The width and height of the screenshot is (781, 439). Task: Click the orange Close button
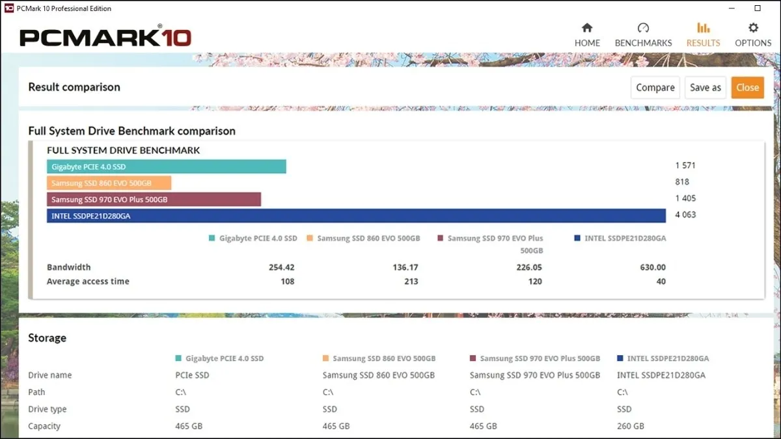747,88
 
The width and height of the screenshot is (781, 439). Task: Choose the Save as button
705,88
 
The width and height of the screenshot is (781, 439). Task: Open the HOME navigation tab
587,35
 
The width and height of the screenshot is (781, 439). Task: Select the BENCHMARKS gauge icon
643,28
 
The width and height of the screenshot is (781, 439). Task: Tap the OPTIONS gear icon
753,28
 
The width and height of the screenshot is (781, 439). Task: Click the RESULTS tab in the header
703,35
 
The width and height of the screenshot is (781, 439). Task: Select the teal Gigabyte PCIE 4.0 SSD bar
167,167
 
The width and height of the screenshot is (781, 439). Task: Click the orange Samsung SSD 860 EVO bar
109,183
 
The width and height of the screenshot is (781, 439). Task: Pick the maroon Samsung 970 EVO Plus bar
154,200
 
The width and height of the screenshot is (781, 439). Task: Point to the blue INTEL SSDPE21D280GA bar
356,216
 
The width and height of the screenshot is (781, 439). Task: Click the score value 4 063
685,215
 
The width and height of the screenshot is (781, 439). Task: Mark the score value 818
682,182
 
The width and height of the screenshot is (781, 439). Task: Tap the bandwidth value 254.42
281,267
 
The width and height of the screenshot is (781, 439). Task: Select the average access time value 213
411,282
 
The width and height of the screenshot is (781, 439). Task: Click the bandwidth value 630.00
652,267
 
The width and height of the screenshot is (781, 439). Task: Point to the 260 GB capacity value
631,426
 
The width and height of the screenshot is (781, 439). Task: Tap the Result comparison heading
74,87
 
